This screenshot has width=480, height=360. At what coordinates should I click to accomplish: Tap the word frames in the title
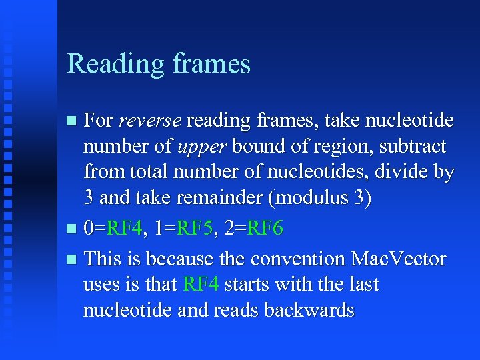[211, 65]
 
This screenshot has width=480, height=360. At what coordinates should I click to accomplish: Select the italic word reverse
[150, 121]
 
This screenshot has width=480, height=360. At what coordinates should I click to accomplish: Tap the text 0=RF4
[114, 229]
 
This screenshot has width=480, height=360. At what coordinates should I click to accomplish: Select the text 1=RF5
[183, 229]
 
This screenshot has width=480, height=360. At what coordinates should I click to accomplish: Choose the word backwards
[309, 310]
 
